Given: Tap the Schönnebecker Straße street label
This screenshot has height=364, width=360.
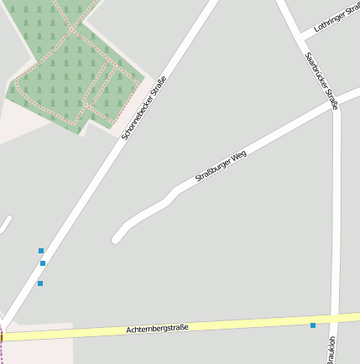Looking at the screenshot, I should pyautogui.click(x=144, y=108).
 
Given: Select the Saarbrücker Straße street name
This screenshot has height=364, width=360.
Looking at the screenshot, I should pyautogui.click(x=321, y=81).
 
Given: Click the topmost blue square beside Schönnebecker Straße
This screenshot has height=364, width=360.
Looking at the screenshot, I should pyautogui.click(x=40, y=250).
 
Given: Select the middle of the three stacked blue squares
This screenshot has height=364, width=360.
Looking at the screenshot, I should pyautogui.click(x=43, y=263).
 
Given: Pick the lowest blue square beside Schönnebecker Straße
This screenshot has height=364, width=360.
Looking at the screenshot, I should pyautogui.click(x=39, y=283).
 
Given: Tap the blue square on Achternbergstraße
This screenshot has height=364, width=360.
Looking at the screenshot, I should pyautogui.click(x=313, y=325).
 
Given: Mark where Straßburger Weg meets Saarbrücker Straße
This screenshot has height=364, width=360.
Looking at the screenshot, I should pyautogui.click(x=335, y=105).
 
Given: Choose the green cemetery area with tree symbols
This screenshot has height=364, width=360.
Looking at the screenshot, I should pyautogui.click(x=67, y=67).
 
